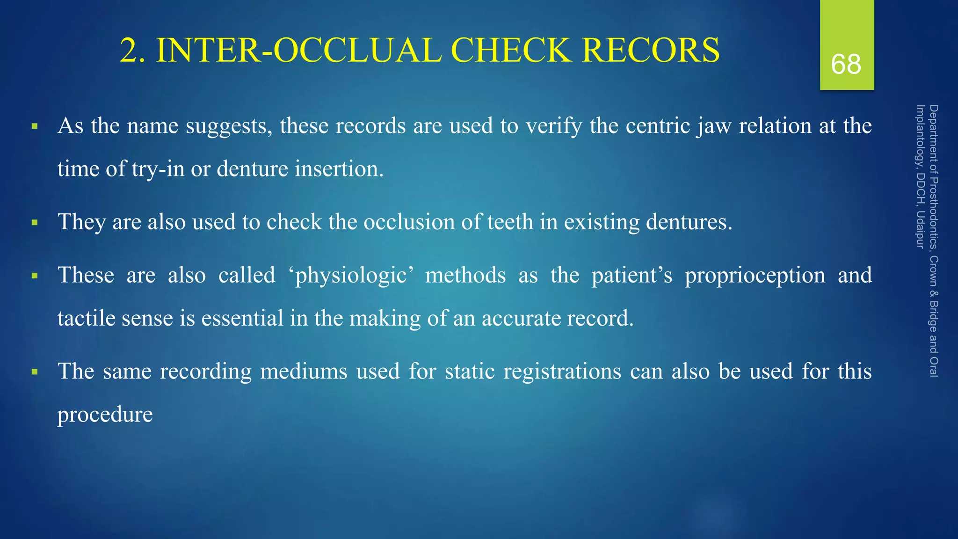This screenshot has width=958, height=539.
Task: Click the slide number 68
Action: coord(846,64)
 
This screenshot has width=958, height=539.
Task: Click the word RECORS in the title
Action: coord(651,50)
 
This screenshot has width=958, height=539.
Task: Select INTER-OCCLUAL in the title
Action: coord(298,50)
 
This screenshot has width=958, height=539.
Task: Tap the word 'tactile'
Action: coord(86,318)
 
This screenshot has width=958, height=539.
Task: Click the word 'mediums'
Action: coord(304,371)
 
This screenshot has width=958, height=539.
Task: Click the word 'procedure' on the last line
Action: coord(105,415)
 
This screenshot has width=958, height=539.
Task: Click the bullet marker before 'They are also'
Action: coord(34,222)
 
